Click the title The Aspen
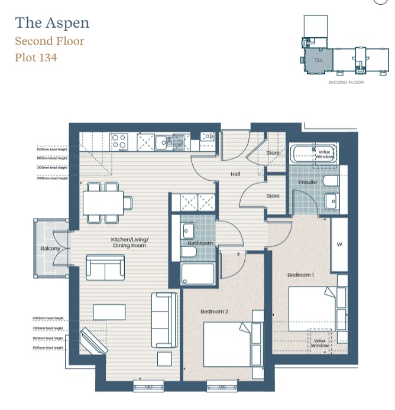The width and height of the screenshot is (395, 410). coord(52,23)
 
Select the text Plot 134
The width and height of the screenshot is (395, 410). coord(36,58)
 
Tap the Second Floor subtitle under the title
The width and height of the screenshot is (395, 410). coord(50,41)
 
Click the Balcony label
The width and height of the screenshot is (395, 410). coord(50,249)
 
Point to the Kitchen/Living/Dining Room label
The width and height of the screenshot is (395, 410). coord(129,242)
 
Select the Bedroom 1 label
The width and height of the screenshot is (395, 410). coord(300,275)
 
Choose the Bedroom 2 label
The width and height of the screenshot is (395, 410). coord(214,311)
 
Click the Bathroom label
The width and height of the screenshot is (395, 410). coord(200,243)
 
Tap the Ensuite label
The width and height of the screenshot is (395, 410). coord(307,183)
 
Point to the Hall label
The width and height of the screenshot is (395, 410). coord(235,174)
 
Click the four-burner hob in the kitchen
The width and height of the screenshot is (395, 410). coord(119,141)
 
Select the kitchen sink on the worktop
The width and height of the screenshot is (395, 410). coord(164,142)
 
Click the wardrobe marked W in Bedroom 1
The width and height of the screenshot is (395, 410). coord(339,244)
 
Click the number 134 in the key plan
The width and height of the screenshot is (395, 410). coord(318,60)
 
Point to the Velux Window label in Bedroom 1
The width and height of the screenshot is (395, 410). coord(320,343)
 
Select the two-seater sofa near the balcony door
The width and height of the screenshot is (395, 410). coord(105,268)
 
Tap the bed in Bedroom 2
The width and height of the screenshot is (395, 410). coord(228,344)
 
